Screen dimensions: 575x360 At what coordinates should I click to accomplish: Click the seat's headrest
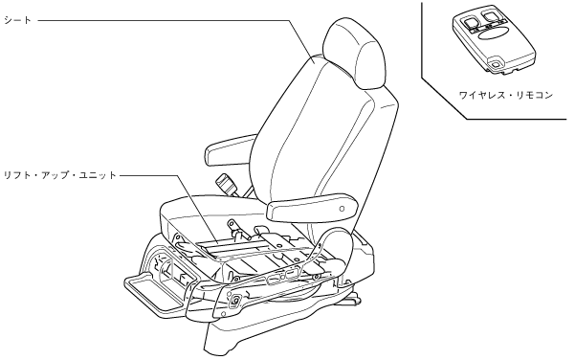tap(355, 54)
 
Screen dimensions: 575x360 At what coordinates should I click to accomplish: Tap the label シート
tap(17, 20)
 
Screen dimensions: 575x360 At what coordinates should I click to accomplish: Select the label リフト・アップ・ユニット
tap(59, 175)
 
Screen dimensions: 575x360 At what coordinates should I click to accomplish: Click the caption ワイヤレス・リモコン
tap(506, 96)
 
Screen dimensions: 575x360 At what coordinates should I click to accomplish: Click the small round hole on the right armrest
tap(343, 209)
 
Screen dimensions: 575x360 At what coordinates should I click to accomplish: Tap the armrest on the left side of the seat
tap(231, 148)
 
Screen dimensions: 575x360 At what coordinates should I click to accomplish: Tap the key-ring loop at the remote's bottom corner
tap(496, 65)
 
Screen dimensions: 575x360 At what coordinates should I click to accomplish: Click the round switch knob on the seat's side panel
tap(233, 301)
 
